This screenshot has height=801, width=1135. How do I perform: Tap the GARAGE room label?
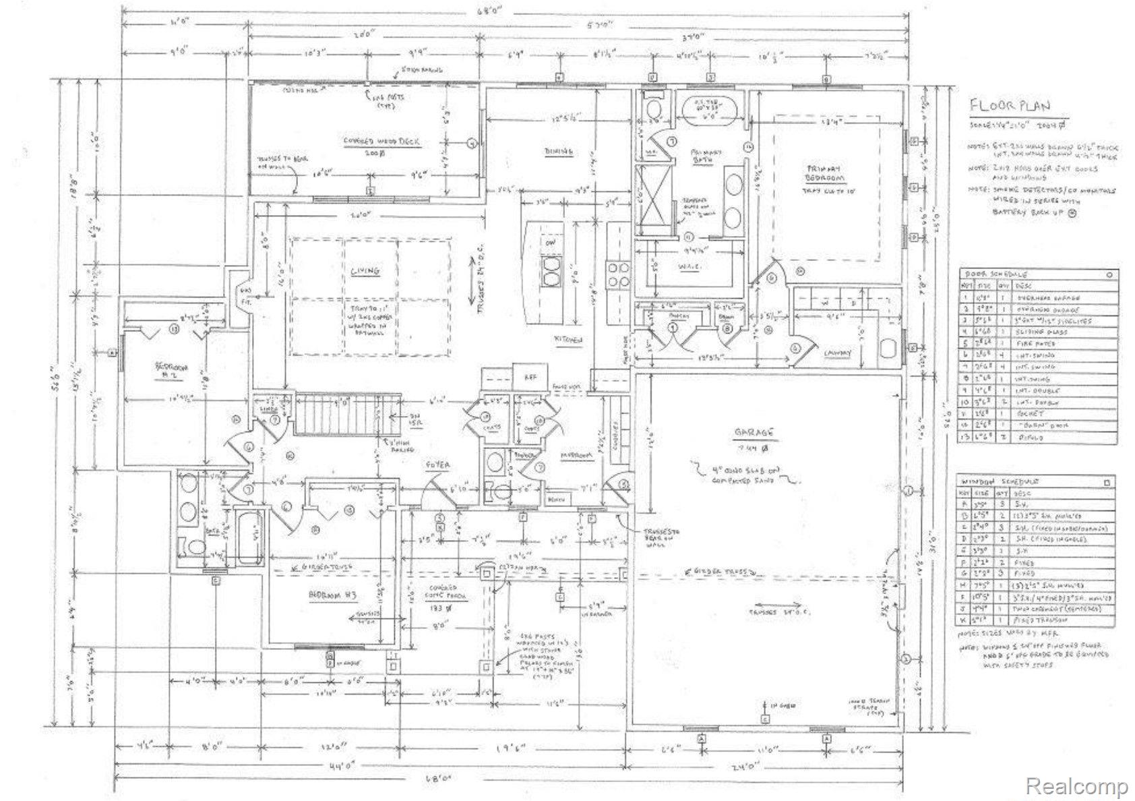click(757, 432)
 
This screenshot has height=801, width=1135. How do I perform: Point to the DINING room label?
click(558, 151)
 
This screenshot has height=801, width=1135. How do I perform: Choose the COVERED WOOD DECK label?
click(381, 142)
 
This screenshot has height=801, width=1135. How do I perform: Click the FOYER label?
click(437, 465)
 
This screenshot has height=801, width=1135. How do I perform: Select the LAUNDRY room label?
click(838, 353)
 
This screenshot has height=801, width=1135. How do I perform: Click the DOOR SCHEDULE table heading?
click(997, 275)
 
